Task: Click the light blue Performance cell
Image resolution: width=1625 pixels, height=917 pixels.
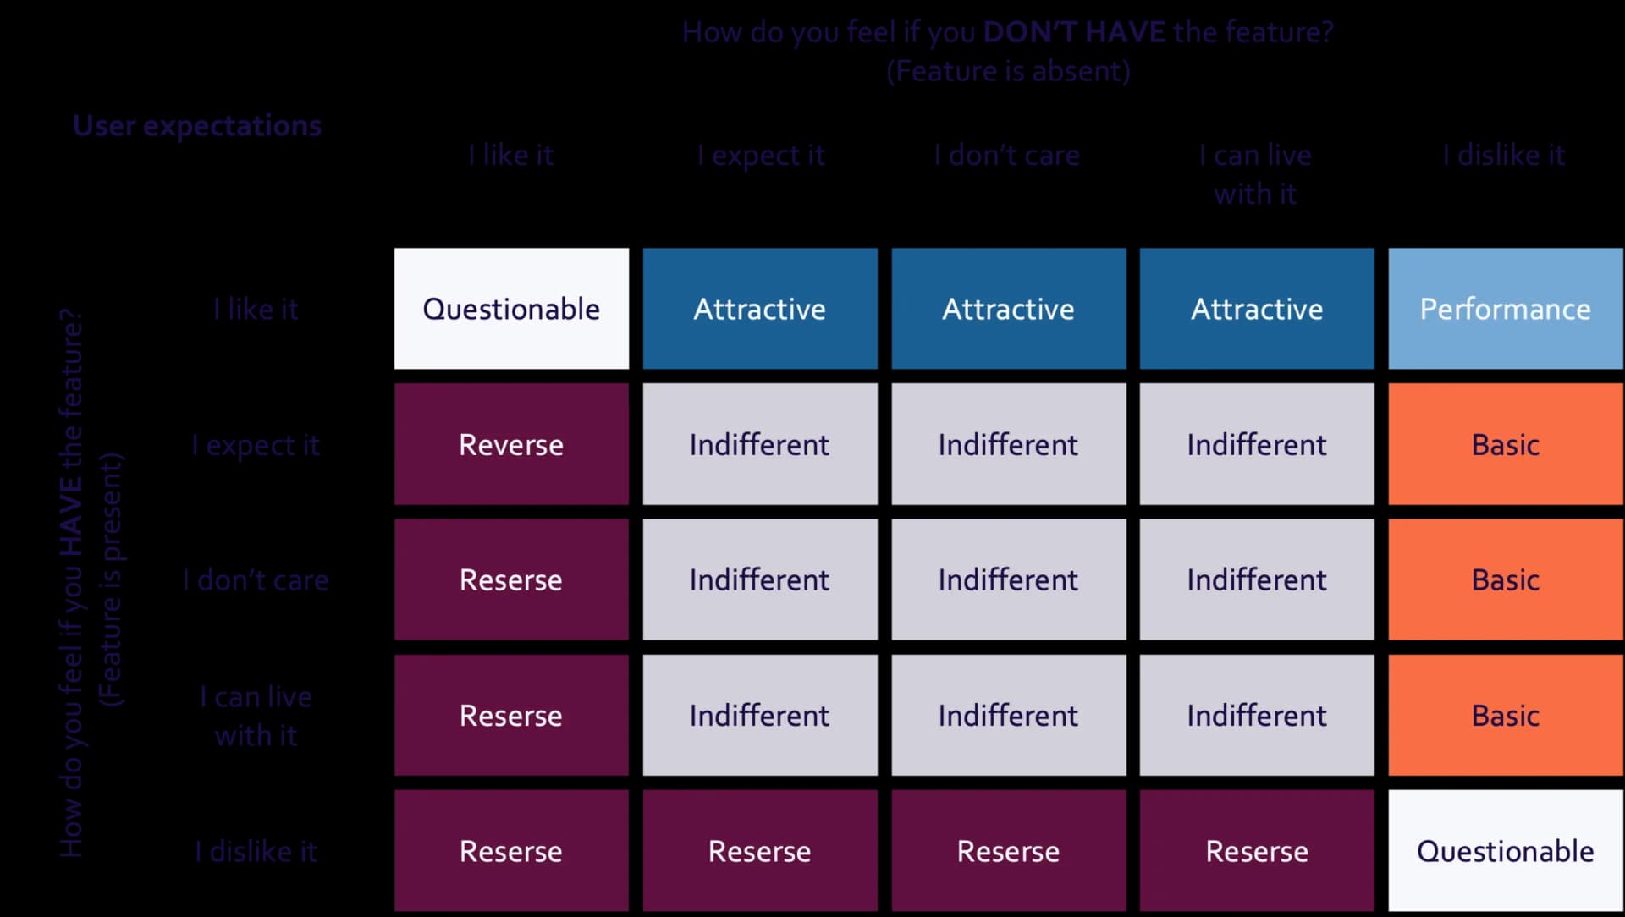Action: (1505, 309)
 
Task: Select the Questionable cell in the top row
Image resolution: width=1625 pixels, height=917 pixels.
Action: (511, 309)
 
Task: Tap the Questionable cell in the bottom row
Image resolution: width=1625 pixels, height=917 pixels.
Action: (1505, 850)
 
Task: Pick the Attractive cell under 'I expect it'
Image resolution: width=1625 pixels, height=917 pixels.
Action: (759, 309)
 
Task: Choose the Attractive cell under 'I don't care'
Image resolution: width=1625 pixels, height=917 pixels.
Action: (1008, 309)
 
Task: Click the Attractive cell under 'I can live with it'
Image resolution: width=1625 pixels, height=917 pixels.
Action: (1257, 309)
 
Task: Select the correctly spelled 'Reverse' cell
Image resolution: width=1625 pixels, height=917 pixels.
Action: (511, 444)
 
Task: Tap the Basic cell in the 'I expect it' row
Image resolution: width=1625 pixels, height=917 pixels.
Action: (1505, 444)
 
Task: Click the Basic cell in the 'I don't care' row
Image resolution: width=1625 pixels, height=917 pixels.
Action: (1505, 579)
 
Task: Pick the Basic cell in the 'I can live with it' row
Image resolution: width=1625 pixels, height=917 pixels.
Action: (1505, 715)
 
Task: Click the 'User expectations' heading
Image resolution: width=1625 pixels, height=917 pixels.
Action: (197, 125)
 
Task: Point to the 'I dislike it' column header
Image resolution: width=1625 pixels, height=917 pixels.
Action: (1503, 155)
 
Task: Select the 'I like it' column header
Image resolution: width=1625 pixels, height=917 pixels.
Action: (511, 155)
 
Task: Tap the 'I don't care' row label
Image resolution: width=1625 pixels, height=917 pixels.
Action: (256, 580)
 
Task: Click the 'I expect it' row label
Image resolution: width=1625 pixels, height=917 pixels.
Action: (256, 445)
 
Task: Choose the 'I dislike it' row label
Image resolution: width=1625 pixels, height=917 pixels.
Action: (256, 851)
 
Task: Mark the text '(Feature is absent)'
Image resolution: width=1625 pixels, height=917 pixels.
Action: (1008, 71)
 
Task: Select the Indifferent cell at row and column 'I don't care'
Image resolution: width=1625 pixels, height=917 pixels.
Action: (1008, 579)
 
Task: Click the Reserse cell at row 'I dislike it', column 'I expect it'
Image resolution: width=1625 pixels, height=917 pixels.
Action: (759, 850)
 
